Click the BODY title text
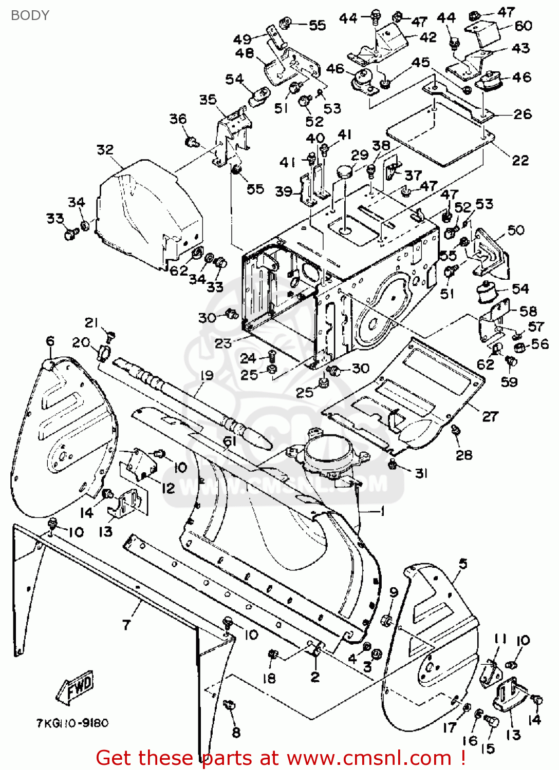[x=30, y=15]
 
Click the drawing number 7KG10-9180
[x=72, y=723]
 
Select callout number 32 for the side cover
[x=105, y=149]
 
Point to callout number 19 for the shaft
[x=207, y=375]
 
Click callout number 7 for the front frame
[x=127, y=624]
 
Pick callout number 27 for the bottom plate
[x=490, y=416]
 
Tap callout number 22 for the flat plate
[x=520, y=160]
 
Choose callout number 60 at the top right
[x=523, y=26]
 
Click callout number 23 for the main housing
[x=223, y=343]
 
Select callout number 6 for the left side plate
[x=50, y=341]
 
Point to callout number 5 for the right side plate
[x=463, y=564]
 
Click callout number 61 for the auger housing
[x=230, y=441]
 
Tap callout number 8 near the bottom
[x=236, y=733]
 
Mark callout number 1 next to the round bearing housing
[x=382, y=511]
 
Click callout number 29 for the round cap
[x=360, y=155]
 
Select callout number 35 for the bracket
[x=208, y=99]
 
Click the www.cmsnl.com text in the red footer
[x=368, y=758]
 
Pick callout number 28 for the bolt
[x=464, y=454]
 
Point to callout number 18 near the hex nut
[x=269, y=678]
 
